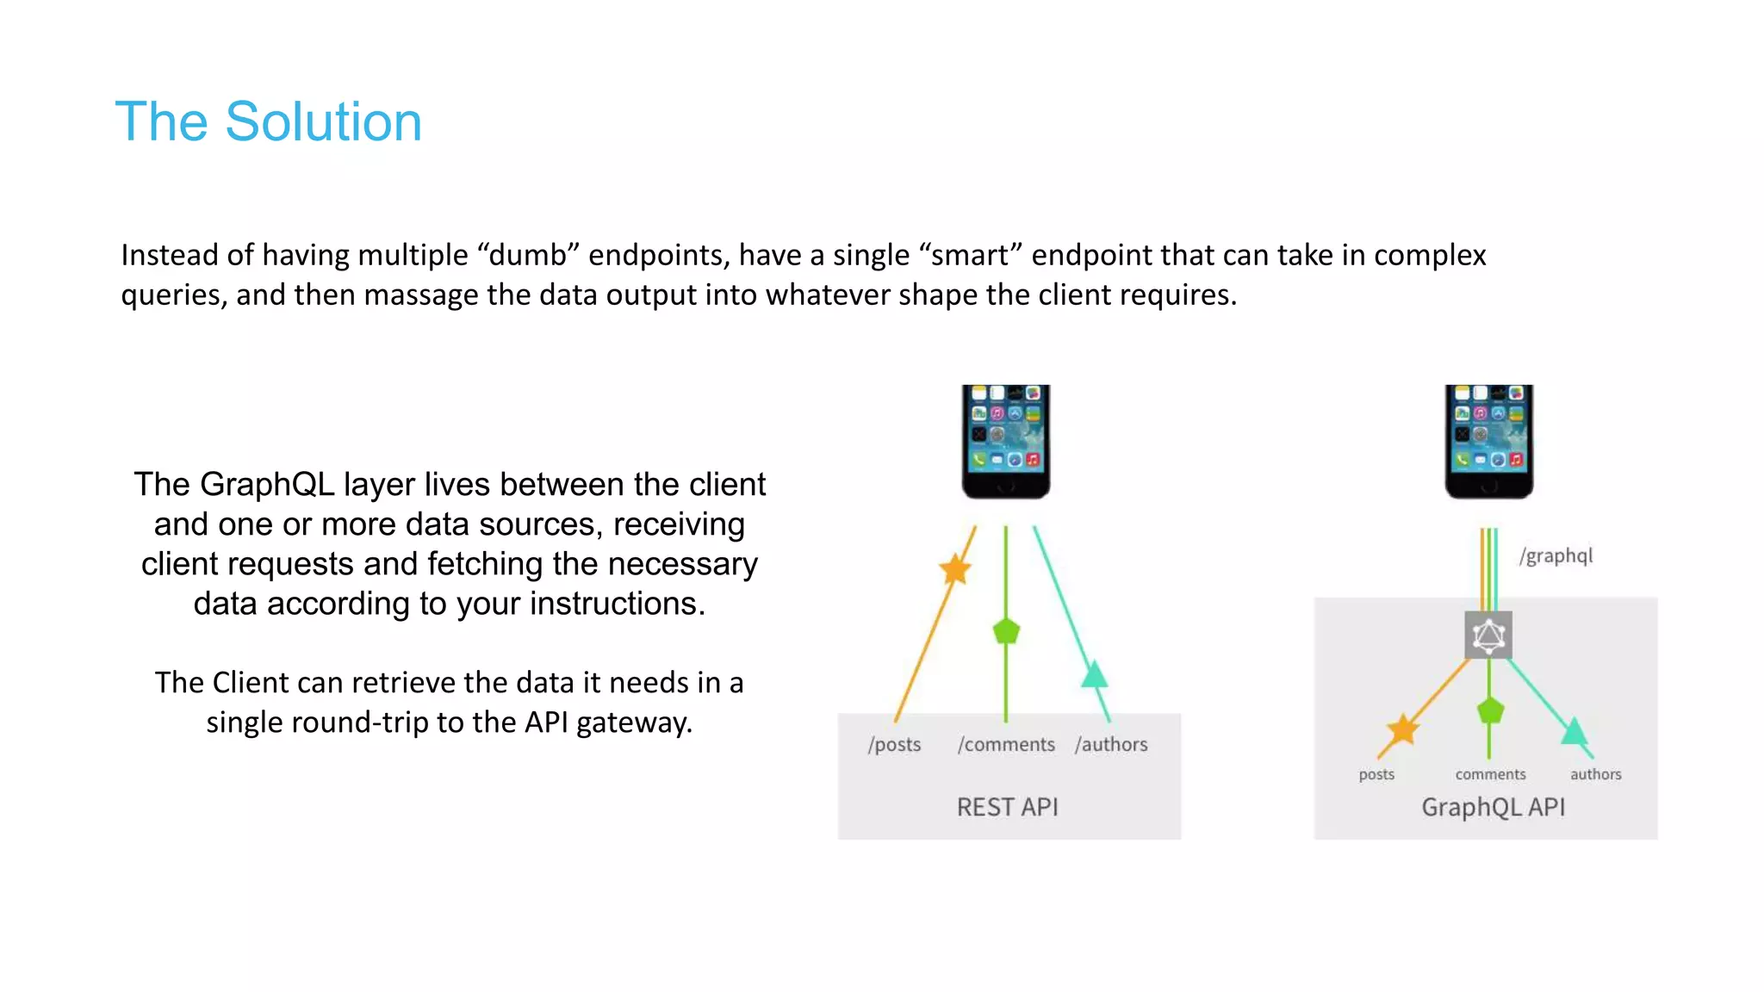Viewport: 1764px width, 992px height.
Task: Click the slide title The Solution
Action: [x=268, y=121]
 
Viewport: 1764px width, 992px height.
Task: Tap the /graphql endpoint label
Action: [x=1556, y=555]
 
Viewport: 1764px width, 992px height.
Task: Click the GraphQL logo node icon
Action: [x=1488, y=635]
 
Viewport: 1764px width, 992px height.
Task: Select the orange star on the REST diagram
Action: [x=954, y=569]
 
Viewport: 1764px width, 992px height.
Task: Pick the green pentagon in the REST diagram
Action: [x=1006, y=631]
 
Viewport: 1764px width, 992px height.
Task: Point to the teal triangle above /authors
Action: [x=1095, y=674]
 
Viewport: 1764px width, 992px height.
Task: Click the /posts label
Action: [x=894, y=744]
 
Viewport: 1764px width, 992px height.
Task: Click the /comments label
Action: [x=1006, y=744]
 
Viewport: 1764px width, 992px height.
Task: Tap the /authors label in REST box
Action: [x=1111, y=744]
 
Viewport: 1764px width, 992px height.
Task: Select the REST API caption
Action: [x=1007, y=807]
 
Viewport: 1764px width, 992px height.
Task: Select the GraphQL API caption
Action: [x=1493, y=807]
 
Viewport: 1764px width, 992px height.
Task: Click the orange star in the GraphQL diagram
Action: [x=1403, y=729]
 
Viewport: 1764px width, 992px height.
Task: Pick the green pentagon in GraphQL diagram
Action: [x=1490, y=711]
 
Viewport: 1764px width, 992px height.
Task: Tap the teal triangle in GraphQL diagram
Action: [x=1575, y=732]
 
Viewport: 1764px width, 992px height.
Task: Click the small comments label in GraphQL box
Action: [x=1490, y=774]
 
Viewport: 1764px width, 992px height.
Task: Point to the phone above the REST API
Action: [x=1005, y=441]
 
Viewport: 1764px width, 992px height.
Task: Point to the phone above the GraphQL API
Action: [x=1488, y=441]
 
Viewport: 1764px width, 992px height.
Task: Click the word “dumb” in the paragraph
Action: [x=527, y=256]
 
